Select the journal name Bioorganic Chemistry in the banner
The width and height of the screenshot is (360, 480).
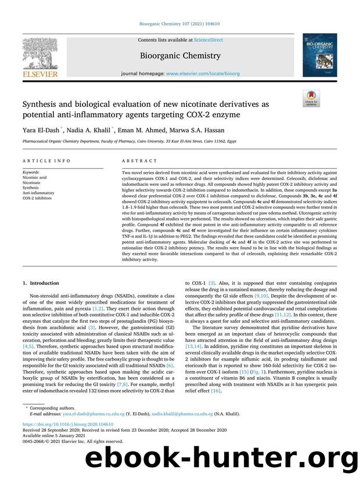point(179,56)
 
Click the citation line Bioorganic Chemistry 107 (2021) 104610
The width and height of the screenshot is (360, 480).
point(179,25)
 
